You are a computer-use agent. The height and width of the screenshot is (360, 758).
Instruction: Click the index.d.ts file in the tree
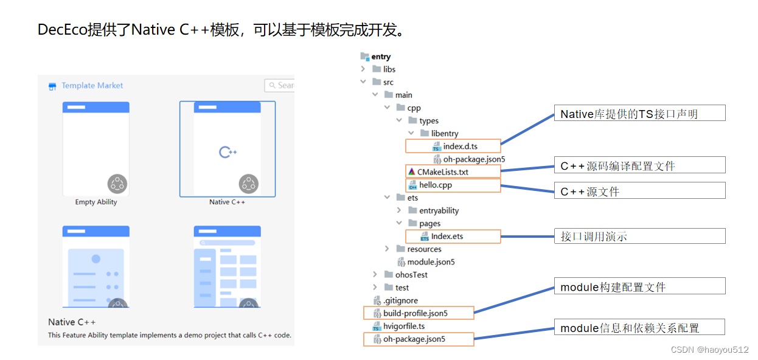460,147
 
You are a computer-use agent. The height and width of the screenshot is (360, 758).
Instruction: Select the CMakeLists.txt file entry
442,172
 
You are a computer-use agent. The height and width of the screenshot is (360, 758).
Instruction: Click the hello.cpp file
435,185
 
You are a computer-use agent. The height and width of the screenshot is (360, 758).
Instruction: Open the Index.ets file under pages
447,236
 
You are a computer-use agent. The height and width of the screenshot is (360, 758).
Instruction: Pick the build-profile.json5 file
415,313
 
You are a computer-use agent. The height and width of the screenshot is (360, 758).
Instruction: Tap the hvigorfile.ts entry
404,326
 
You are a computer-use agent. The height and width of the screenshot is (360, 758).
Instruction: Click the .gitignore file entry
400,300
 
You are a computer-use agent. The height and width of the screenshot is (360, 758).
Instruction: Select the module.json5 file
431,262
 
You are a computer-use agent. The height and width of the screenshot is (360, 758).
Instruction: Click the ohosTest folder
411,275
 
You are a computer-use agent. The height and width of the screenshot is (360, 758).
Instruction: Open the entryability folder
439,210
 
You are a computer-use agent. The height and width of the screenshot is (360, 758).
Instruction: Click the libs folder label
389,69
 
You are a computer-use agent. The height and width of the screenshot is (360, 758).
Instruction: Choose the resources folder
424,249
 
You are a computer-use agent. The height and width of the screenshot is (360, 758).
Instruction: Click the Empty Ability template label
96,202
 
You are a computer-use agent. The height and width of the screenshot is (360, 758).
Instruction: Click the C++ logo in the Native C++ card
228,151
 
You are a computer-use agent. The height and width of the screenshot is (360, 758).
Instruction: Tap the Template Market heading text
92,86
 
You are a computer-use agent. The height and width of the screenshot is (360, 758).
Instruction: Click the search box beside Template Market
280,86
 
